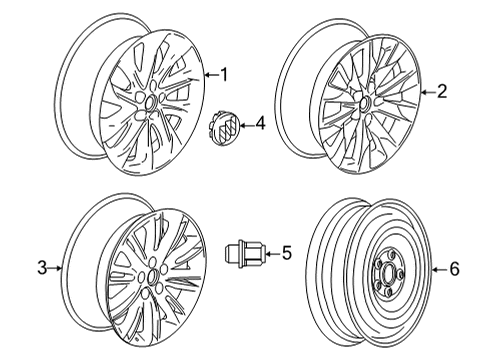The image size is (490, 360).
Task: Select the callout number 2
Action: pos(442,92)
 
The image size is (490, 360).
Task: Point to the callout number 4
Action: pos(259,125)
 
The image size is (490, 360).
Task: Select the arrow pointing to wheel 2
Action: pos(427,92)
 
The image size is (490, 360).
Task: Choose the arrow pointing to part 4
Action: pos(245,125)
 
